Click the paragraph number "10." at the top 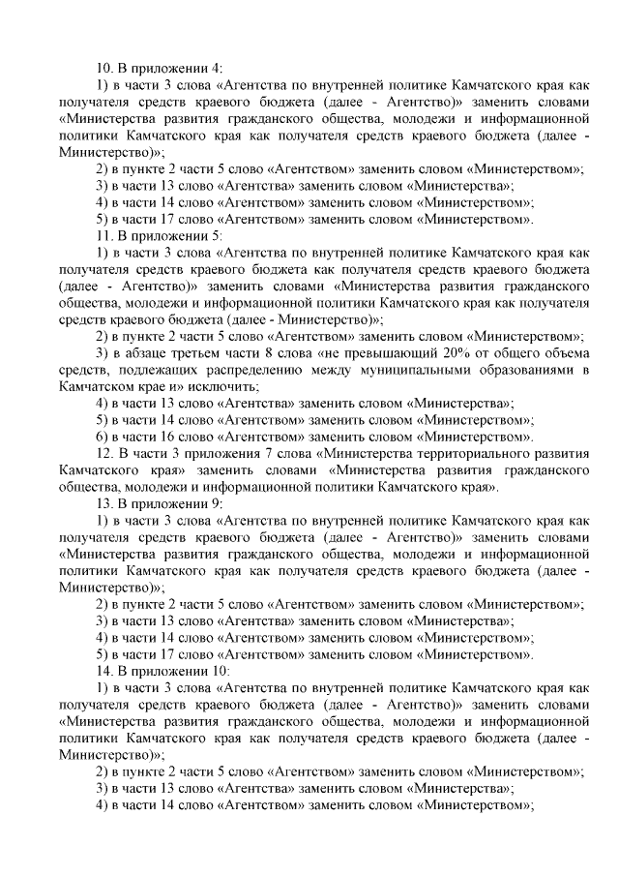tap(104, 68)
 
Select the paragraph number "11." tap(104, 235)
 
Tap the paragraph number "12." tap(104, 453)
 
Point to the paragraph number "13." tap(104, 503)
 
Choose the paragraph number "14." tap(104, 671)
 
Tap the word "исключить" tap(228, 386)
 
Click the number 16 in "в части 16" tap(164, 437)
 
